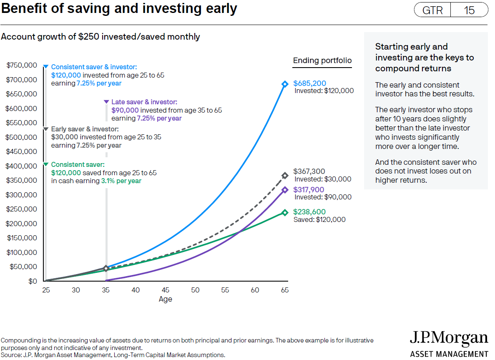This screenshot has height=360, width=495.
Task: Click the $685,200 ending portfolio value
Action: (x=310, y=83)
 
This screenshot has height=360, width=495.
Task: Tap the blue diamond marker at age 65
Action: (x=285, y=84)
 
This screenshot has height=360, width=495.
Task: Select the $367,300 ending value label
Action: (x=309, y=171)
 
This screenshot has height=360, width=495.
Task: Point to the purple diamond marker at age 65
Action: (x=285, y=190)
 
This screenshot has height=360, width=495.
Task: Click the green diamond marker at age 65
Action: (x=285, y=213)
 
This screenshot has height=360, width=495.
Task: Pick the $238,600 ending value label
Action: (x=309, y=212)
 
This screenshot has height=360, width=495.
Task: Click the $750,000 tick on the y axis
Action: (x=22, y=65)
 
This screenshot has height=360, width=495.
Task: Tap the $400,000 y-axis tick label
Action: (x=22, y=166)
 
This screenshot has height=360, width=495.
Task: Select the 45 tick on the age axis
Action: (x=166, y=290)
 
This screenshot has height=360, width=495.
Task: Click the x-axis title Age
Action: (x=165, y=299)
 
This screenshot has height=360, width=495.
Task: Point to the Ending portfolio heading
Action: (x=322, y=60)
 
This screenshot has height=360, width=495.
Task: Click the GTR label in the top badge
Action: (x=432, y=10)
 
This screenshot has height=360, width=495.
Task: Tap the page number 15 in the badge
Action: (x=469, y=10)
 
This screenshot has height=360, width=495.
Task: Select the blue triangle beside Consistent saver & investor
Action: (x=46, y=67)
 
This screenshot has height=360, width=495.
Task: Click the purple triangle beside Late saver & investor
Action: (x=106, y=102)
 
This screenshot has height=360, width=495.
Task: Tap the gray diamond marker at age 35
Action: (x=106, y=268)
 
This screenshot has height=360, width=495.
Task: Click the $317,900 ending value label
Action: (x=309, y=190)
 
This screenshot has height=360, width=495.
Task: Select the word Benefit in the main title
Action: (x=23, y=8)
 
